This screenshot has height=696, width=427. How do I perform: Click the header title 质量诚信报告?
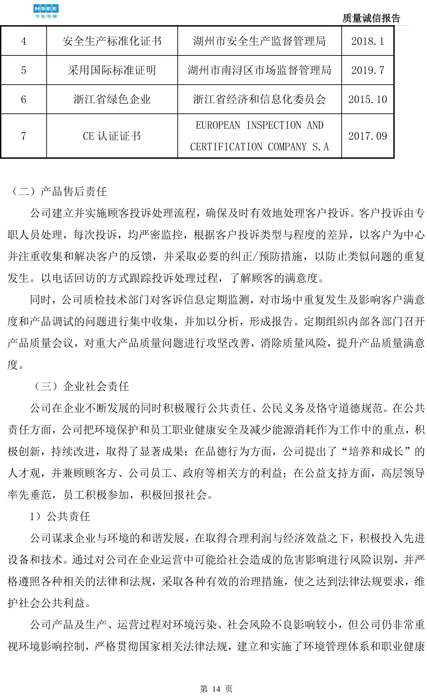371,18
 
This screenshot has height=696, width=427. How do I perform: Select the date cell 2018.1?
367,41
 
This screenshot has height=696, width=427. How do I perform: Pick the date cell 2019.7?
367,70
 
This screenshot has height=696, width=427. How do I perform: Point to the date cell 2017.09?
367,136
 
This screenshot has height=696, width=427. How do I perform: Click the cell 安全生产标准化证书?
112,41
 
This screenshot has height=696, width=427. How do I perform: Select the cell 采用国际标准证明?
112,70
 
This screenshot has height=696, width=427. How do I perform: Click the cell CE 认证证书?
112,136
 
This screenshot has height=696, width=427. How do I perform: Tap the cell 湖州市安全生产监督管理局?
259,41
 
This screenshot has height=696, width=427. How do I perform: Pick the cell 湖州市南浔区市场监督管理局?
259,70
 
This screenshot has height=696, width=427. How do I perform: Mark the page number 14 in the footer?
216,689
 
